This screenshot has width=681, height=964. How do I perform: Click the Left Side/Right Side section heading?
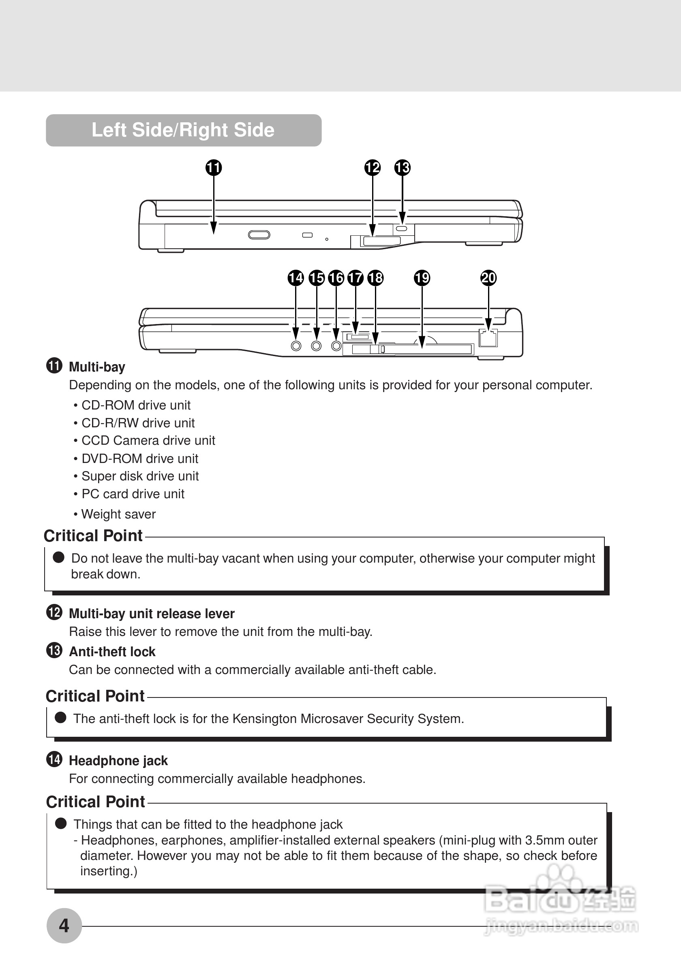[183, 130]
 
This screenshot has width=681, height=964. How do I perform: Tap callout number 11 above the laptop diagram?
[213, 168]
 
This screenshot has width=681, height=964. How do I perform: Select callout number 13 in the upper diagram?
[402, 168]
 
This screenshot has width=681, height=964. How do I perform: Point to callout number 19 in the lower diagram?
[422, 277]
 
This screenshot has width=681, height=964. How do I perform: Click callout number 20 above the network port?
[488, 277]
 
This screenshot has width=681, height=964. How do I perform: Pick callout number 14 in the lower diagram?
[296, 277]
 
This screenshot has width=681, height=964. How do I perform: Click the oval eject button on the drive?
[259, 235]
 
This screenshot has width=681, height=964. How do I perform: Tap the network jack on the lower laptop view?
[488, 338]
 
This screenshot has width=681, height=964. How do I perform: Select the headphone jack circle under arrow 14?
[296, 346]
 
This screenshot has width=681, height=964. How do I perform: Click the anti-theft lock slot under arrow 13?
[402, 228]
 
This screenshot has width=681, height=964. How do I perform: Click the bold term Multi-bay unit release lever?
[152, 613]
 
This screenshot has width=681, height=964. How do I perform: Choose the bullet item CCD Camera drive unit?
[148, 440]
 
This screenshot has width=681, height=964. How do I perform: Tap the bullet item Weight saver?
[118, 514]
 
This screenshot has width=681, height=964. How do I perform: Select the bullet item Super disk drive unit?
[140, 476]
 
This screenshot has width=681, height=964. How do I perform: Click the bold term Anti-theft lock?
[112, 652]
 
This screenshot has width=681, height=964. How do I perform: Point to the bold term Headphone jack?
[118, 760]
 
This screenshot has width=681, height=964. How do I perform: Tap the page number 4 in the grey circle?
[64, 926]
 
